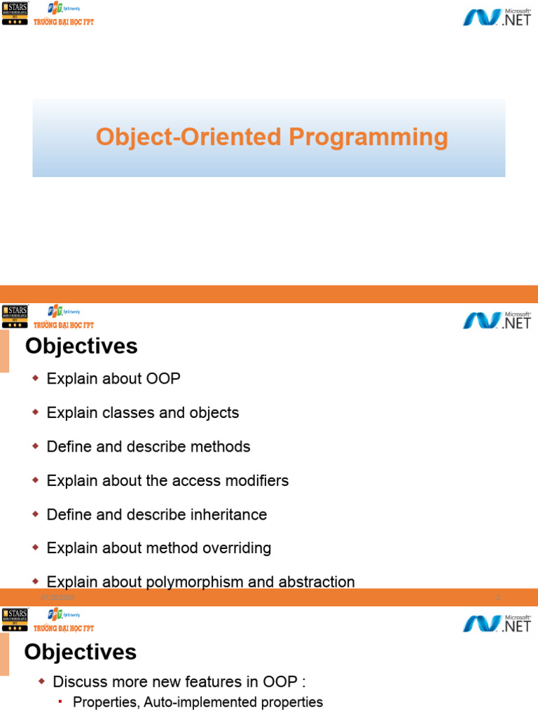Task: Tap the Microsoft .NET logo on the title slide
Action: pyautogui.click(x=497, y=17)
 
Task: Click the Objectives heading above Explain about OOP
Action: pyautogui.click(x=81, y=346)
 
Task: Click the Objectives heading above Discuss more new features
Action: pyautogui.click(x=81, y=653)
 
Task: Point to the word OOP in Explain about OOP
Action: pyautogui.click(x=163, y=379)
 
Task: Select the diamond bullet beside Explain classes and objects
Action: pyautogui.click(x=36, y=412)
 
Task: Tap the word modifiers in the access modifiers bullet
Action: pyautogui.click(x=255, y=480)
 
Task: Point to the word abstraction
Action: pyautogui.click(x=317, y=582)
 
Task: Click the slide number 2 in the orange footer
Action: pyautogui.click(x=497, y=597)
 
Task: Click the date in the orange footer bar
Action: pyautogui.click(x=57, y=597)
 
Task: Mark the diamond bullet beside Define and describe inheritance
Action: pyautogui.click(x=36, y=515)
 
